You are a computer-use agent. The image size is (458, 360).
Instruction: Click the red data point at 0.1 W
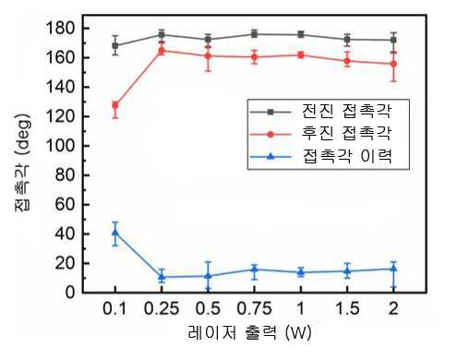[115, 105]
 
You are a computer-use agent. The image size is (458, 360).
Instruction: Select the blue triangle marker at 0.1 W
[115, 232]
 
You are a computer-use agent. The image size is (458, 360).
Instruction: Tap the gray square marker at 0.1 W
[115, 45]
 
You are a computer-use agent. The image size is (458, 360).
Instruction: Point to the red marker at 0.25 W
[162, 51]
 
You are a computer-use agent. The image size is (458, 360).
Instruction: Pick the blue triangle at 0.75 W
[254, 270]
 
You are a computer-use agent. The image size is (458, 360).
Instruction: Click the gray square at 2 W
[393, 40]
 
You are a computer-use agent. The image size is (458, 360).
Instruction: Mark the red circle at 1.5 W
[347, 61]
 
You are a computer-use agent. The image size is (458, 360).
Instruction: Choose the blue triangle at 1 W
[301, 272]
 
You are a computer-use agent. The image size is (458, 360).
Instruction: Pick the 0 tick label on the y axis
[70, 292]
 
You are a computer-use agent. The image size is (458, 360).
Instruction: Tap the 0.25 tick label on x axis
[162, 308]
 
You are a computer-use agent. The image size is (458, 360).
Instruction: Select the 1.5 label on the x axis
[347, 308]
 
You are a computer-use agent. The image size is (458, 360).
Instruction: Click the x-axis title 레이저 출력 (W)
[249, 332]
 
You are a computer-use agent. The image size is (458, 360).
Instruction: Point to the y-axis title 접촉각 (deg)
[22, 162]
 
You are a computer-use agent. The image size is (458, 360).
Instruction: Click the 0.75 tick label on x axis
[254, 308]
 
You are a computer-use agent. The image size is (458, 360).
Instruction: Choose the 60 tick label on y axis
[66, 204]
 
